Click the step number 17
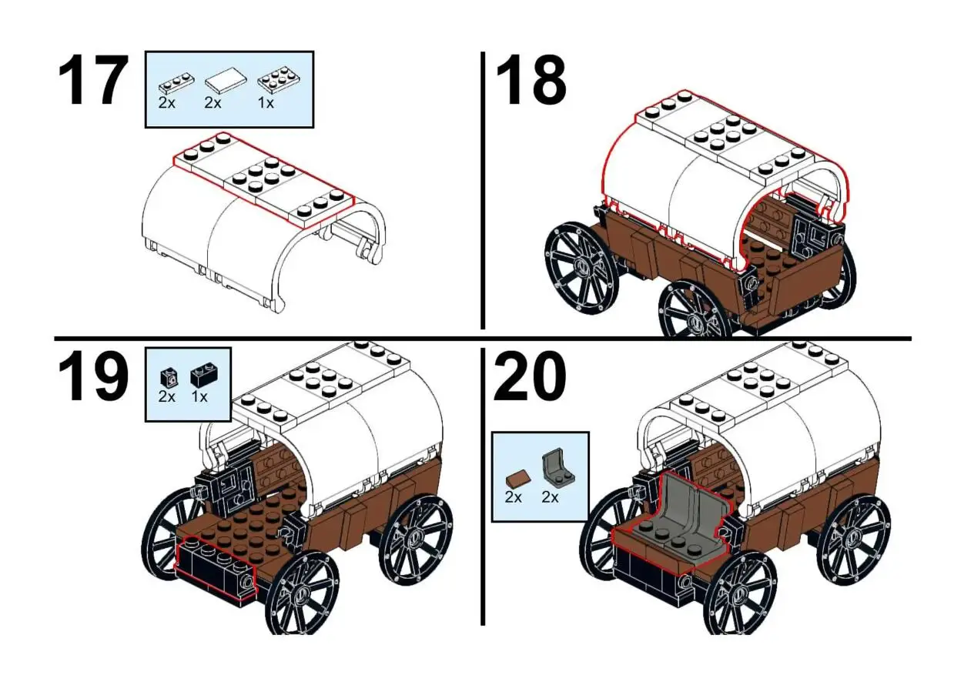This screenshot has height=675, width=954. pyautogui.click(x=92, y=82)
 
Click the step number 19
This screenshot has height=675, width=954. pyautogui.click(x=92, y=378)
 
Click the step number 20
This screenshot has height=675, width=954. pyautogui.click(x=531, y=378)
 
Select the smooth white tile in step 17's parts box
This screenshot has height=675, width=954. pyautogui.click(x=223, y=79)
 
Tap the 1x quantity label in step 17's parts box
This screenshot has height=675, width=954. pyautogui.click(x=266, y=102)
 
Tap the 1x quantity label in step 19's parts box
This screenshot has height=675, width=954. pyautogui.click(x=199, y=397)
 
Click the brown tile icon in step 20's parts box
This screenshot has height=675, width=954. pyautogui.click(x=515, y=478)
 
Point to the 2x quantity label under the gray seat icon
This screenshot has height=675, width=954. pyautogui.click(x=550, y=497)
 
